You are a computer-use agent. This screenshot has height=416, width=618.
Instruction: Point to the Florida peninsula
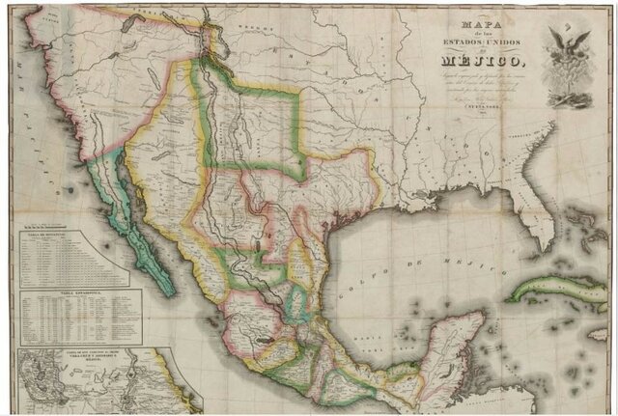(x=537, y=208)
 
